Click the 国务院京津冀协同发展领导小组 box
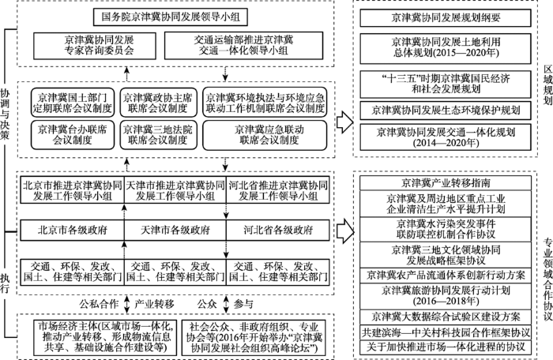pos(171,17)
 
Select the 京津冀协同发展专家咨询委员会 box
pos(95,46)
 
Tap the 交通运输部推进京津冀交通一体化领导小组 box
pos(243,46)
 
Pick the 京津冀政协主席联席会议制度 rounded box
pos(158,103)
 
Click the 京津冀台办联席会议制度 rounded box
pos(73,135)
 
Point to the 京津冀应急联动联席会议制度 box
pos(265,135)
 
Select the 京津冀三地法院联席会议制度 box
pos(158,135)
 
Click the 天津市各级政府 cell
pos(175,231)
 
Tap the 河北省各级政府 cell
pos(278,231)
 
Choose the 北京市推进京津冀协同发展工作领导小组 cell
pos(73,190)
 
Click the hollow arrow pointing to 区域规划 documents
pos(344,122)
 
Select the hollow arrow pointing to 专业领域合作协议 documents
pos(344,231)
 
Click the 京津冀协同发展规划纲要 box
pos(446,18)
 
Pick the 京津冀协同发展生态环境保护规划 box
pos(446,111)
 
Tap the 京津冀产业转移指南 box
pos(446,183)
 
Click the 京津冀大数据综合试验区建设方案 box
pos(446,317)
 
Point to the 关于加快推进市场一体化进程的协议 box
pos(446,347)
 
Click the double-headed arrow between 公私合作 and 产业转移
pos(126,304)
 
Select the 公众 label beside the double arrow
pos(207,304)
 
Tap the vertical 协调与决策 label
pos(5,114)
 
